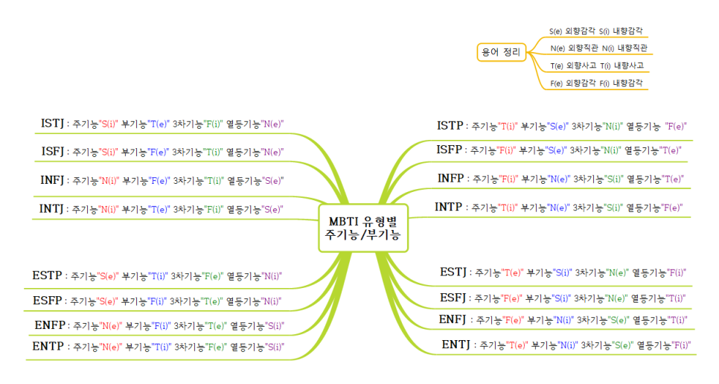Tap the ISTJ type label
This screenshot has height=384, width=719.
tap(52, 123)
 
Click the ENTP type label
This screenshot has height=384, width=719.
tap(49, 346)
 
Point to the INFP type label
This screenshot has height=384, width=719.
tap(450, 178)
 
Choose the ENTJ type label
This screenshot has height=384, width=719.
tap(456, 345)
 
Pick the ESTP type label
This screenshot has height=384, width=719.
tap(48, 275)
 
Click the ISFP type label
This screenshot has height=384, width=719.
tap(450, 150)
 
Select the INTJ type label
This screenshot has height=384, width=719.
tap(52, 209)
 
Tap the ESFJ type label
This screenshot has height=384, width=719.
tap(453, 298)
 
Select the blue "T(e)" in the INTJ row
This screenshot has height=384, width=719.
tap(159, 210)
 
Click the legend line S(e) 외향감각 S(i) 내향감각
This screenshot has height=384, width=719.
tap(595, 31)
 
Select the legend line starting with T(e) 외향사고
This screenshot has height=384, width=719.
tap(596, 65)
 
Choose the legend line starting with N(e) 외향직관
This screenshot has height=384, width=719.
tap(598, 48)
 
